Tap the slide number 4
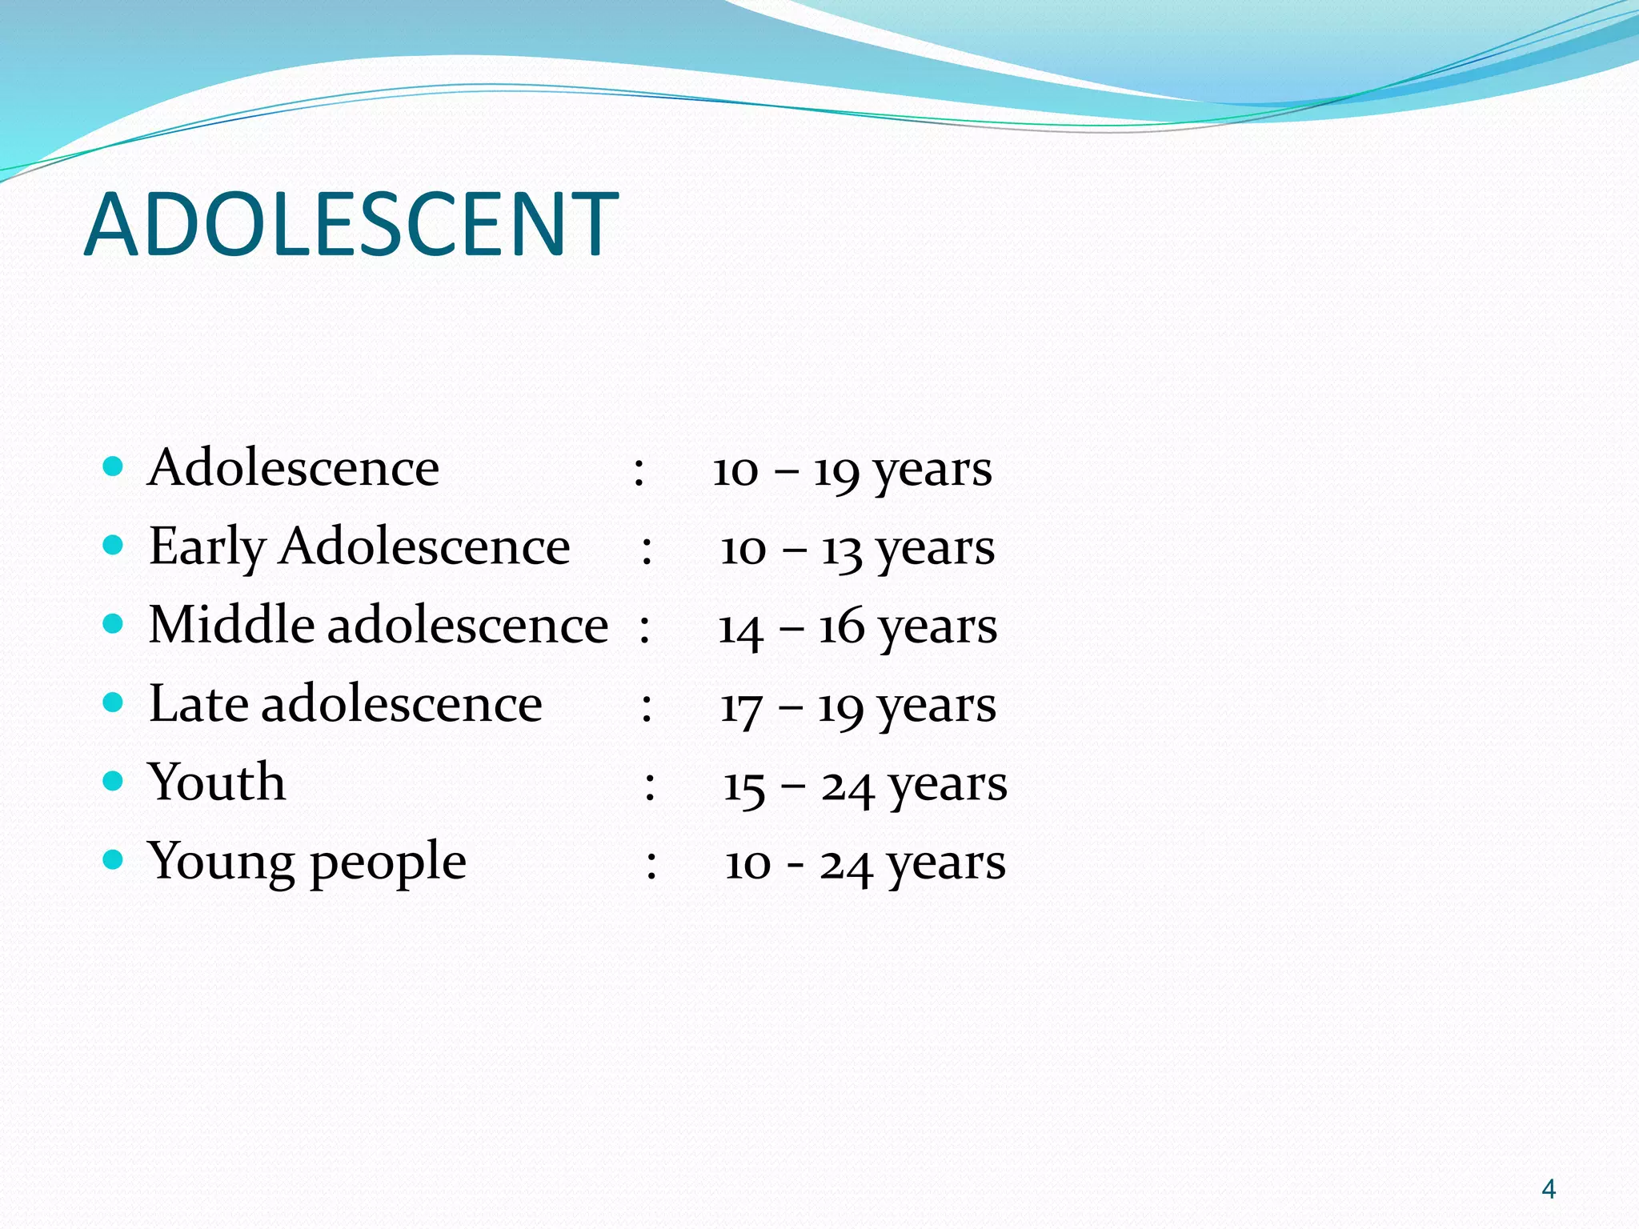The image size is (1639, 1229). [1549, 1189]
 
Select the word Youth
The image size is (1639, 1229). [216, 782]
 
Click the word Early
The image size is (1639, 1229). [207, 547]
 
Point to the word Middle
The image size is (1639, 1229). [231, 625]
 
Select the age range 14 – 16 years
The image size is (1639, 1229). [857, 627]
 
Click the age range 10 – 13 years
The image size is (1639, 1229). [857, 549]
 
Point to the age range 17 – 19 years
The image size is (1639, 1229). [857, 706]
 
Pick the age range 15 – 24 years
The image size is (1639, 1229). [864, 784]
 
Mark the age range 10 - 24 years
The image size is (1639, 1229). [864, 863]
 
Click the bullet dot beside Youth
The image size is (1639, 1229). [114, 780]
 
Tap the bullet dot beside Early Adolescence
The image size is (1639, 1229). [114, 545]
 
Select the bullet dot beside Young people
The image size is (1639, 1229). [114, 859]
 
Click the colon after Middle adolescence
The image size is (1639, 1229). [644, 628]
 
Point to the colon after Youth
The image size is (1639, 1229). [650, 787]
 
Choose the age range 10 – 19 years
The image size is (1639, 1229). [852, 470]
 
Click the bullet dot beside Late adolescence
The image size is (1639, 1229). [114, 703]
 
